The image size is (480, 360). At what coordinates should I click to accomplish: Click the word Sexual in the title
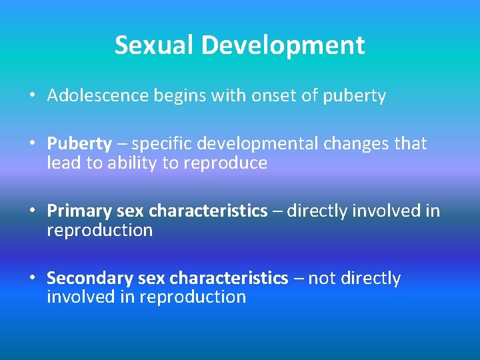[155, 45]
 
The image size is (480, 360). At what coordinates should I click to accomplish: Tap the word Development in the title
[284, 45]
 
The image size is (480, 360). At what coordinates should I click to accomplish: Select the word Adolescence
[98, 96]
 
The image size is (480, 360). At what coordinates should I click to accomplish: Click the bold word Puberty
[79, 143]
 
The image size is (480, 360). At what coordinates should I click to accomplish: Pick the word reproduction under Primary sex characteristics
[99, 231]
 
